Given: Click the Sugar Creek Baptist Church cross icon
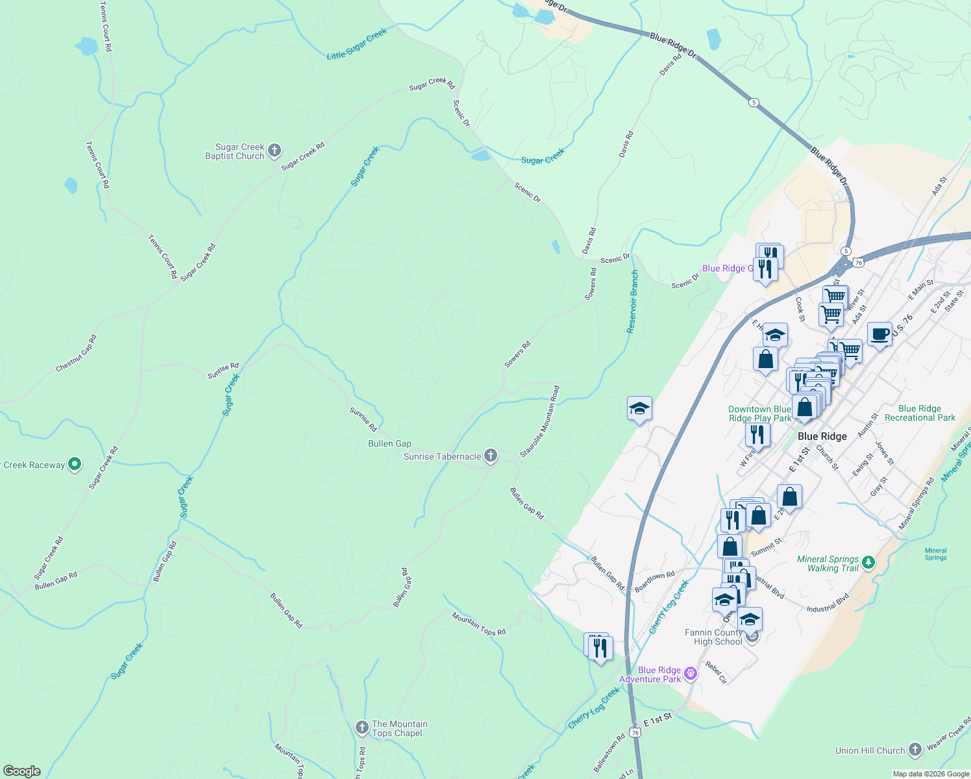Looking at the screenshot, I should pos(275,151).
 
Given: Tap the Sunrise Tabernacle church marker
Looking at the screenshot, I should pos(491,456).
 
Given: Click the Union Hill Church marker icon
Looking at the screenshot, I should pos(915,750).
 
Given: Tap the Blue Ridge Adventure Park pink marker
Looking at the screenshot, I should pos(691,674).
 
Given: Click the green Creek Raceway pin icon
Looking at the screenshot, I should pos(75,464).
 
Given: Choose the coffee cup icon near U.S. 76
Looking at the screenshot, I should pos(879,335).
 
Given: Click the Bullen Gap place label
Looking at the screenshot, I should pos(389,443).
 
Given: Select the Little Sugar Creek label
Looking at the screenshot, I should pos(356,44).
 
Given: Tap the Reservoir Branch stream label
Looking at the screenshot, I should pos(633,302).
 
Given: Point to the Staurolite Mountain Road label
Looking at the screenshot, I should pos(539,421).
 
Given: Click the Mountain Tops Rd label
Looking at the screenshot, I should pos(478,624).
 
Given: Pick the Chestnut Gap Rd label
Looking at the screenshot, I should pos(76,353).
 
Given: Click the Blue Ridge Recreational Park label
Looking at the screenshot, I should pos(920,413).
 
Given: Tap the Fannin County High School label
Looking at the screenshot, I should pos(713,637).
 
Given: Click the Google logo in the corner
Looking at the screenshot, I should pos(22,771).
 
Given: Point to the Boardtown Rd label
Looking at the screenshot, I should pos(654,581).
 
